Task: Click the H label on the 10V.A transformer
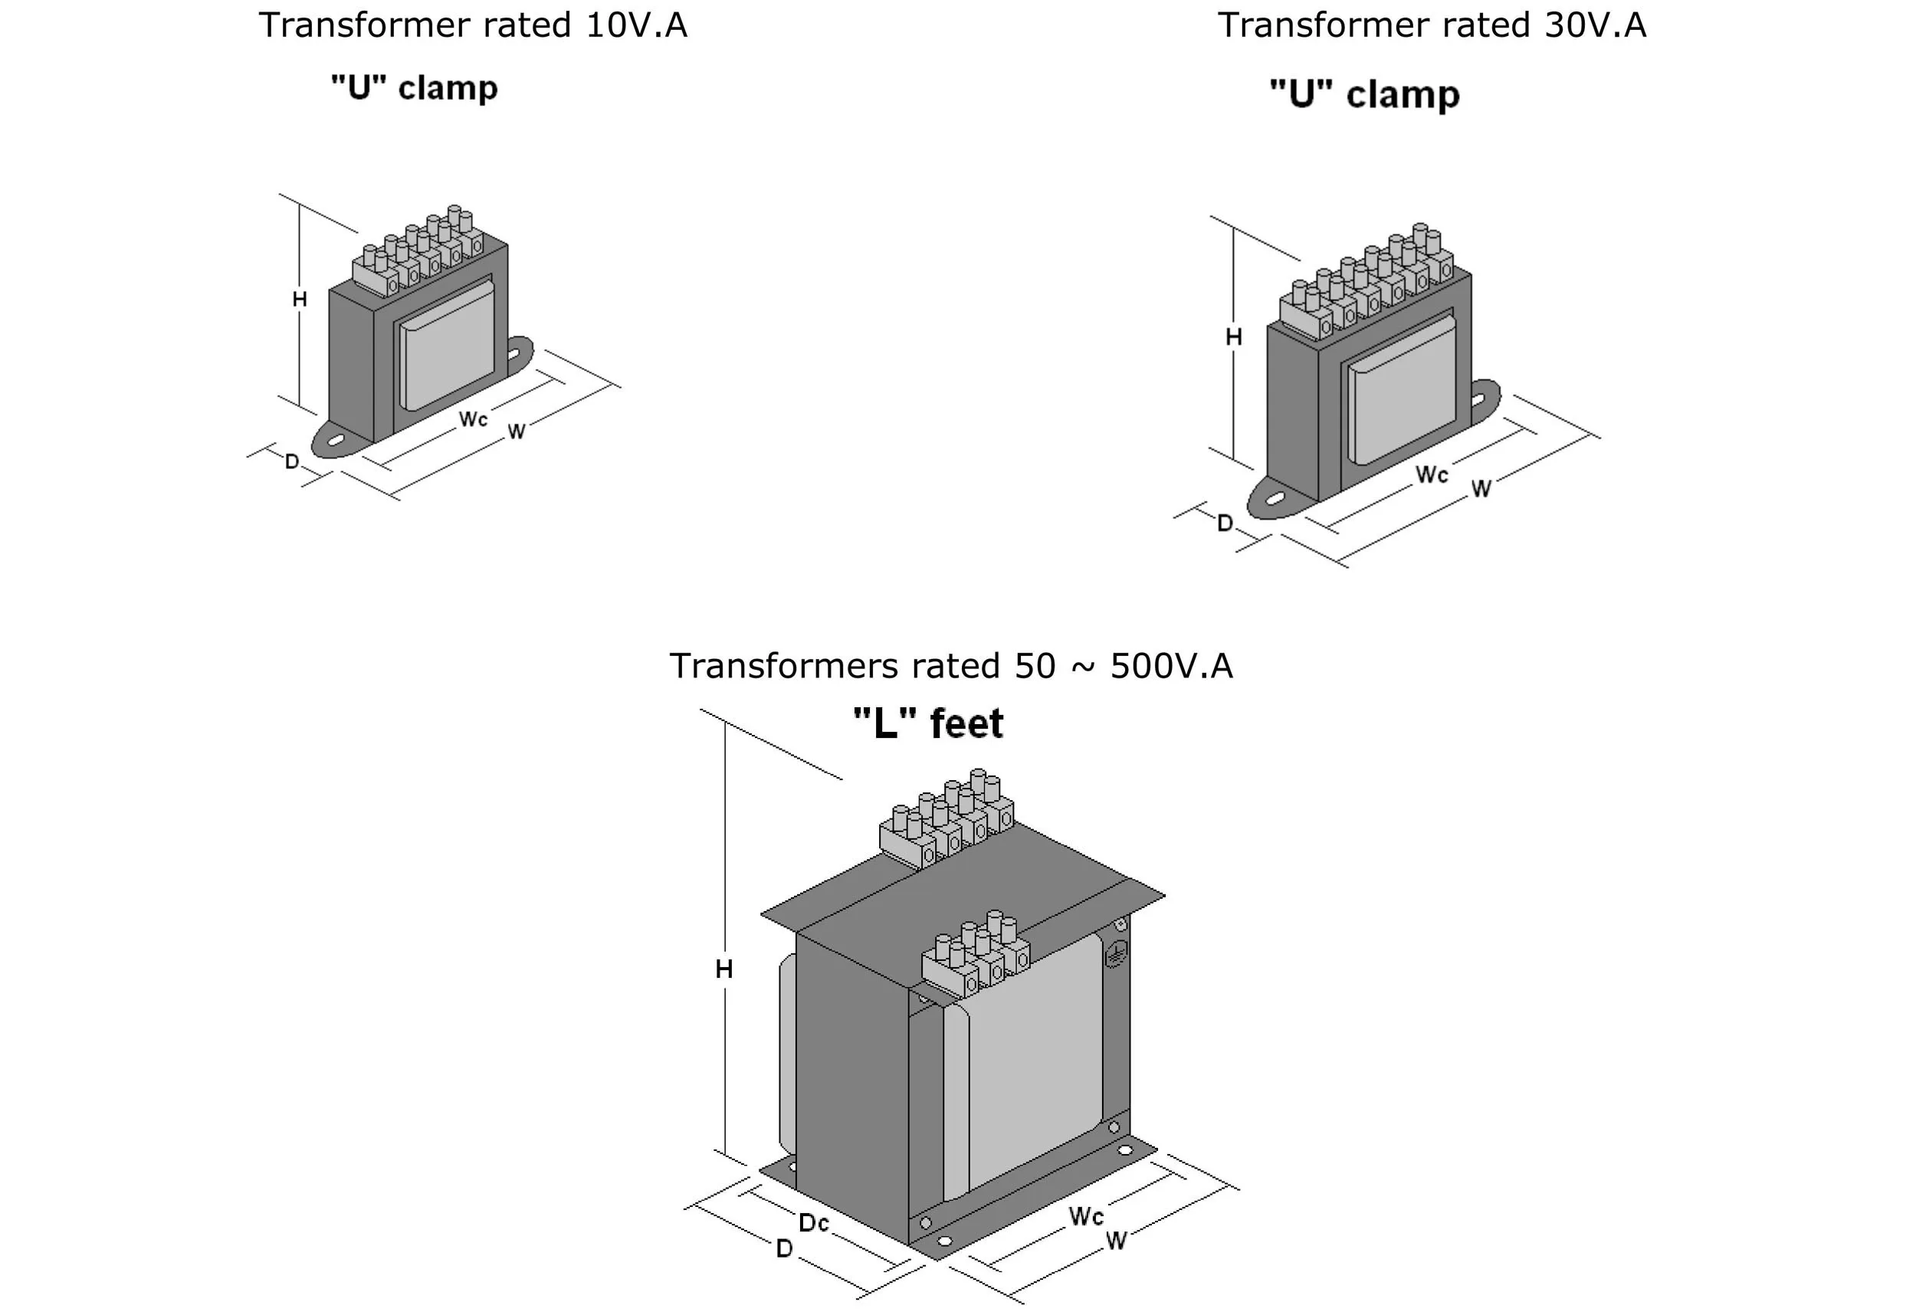[299, 300]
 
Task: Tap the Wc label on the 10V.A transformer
[473, 419]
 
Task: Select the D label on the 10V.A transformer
[292, 461]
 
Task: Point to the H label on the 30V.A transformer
[1233, 337]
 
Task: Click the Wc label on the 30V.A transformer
[1431, 474]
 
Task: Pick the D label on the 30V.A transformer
[1225, 523]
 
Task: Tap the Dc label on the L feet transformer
[813, 1223]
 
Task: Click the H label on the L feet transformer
[723, 969]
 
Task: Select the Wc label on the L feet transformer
[1086, 1216]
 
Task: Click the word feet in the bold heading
[966, 724]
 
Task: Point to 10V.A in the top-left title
[636, 25]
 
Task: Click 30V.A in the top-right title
[1596, 25]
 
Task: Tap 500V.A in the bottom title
[1171, 666]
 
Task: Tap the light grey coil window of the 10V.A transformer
[448, 345]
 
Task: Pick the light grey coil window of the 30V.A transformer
[1402, 389]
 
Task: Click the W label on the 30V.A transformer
[1481, 489]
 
